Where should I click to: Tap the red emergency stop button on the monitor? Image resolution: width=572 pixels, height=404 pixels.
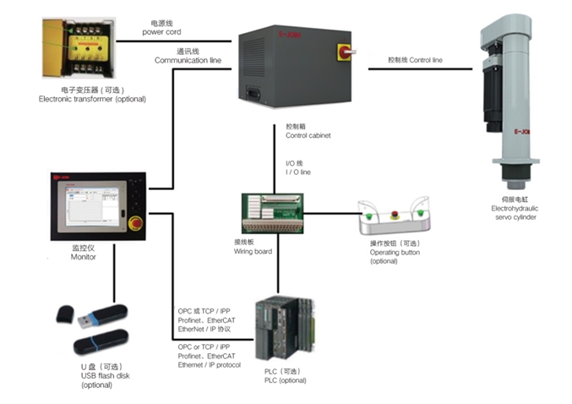[136, 226]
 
